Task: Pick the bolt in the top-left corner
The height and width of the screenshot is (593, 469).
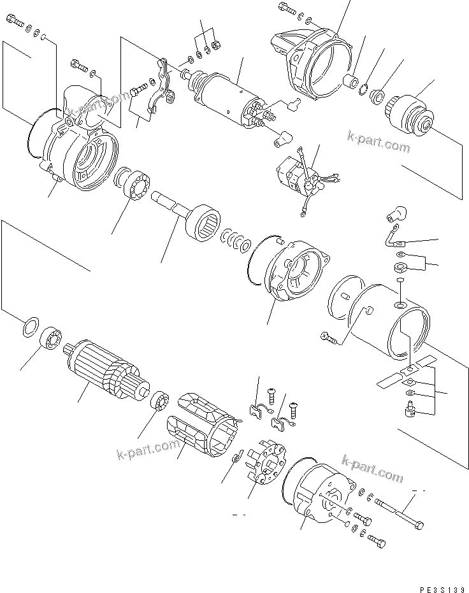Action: point(16,25)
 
